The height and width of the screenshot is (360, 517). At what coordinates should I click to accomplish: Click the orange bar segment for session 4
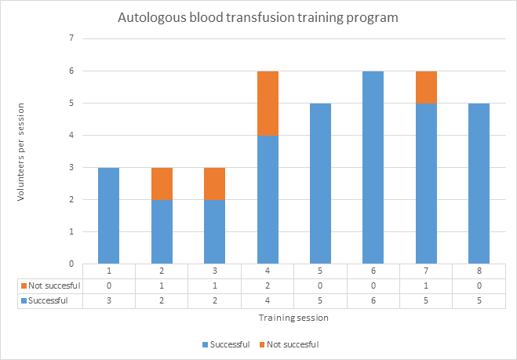tap(268, 104)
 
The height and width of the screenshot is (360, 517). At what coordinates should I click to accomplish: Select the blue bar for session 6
tap(373, 168)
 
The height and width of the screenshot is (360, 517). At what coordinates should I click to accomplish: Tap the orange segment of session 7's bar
tap(426, 87)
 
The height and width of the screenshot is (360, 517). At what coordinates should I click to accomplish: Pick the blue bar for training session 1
tap(109, 216)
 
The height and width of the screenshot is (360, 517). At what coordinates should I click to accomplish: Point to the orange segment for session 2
tap(162, 184)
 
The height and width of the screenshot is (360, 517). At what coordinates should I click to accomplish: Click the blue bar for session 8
tap(479, 184)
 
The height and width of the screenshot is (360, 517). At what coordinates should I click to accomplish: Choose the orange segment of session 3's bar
tap(215, 184)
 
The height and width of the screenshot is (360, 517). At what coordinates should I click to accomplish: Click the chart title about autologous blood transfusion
tap(258, 17)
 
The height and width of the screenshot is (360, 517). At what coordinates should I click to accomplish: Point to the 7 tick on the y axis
tap(71, 38)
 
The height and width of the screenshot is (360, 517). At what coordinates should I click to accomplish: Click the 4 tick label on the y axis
tap(71, 135)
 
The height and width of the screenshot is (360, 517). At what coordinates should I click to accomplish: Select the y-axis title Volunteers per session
tap(20, 152)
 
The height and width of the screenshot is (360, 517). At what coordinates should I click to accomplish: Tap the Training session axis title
tap(293, 318)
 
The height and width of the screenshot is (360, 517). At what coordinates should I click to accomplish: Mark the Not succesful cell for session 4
tap(268, 285)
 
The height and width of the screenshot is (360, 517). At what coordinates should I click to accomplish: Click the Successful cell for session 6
tap(373, 301)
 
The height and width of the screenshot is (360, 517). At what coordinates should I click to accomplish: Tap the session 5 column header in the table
tap(320, 271)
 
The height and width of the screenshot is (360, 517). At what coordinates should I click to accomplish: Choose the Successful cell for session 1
tap(109, 301)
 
